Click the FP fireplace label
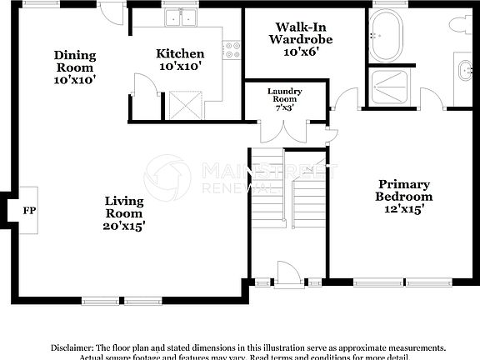29,211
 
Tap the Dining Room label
76,67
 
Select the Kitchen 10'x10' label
180,59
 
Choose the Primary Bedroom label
404,197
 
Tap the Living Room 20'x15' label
124,213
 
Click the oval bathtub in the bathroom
387,38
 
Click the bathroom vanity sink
463,70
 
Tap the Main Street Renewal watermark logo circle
167,177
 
